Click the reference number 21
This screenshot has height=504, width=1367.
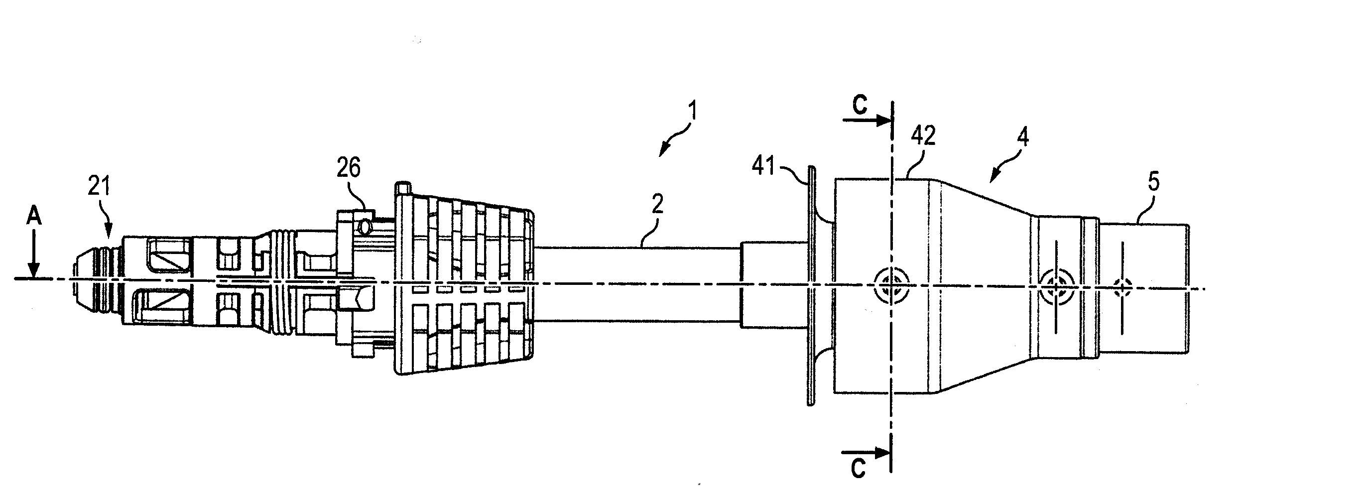99,187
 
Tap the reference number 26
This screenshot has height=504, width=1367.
349,167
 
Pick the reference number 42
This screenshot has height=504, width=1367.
923,136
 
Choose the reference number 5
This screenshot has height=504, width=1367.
1154,182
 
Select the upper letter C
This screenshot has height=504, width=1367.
859,106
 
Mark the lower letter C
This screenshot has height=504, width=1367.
858,469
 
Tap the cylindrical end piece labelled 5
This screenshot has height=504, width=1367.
1144,288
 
